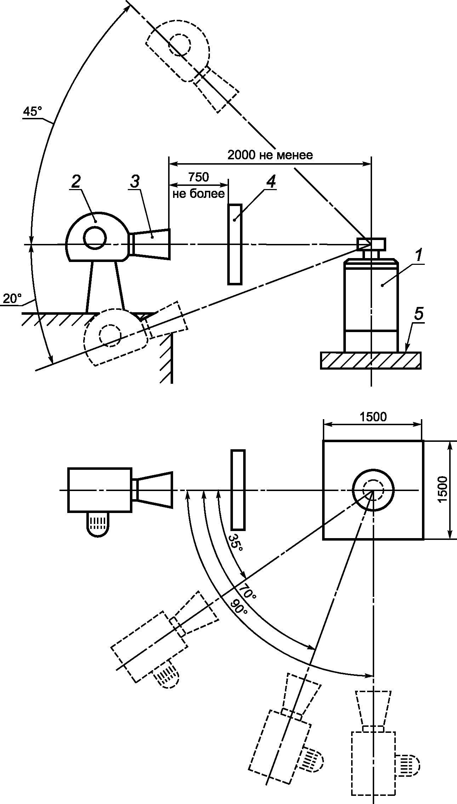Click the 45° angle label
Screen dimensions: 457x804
click(32, 112)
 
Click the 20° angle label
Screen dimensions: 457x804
click(12, 299)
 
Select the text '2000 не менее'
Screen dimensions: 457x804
click(270, 155)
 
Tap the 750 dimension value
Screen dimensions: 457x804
click(199, 177)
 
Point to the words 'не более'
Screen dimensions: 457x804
click(199, 193)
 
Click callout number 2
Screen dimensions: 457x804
click(75, 182)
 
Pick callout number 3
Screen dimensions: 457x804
click(135, 182)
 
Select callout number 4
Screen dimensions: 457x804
click(270, 182)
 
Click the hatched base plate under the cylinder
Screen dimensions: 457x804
click(371, 360)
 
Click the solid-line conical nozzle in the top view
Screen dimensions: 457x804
click(153, 490)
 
